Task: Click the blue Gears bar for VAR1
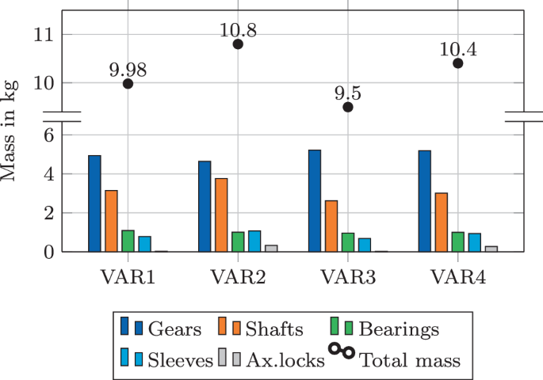tap(94, 203)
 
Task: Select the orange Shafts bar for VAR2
tap(221, 215)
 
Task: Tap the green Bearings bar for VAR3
tap(348, 242)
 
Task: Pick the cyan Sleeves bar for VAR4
tap(474, 242)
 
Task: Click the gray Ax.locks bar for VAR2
tap(272, 249)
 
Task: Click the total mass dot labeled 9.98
tap(128, 84)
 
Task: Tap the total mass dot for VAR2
tap(238, 44)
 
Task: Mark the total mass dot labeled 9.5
tap(348, 107)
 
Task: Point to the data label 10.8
tap(238, 31)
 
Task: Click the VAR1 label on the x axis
tap(128, 277)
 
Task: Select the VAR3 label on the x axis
tap(348, 277)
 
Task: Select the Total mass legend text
tap(411, 361)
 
